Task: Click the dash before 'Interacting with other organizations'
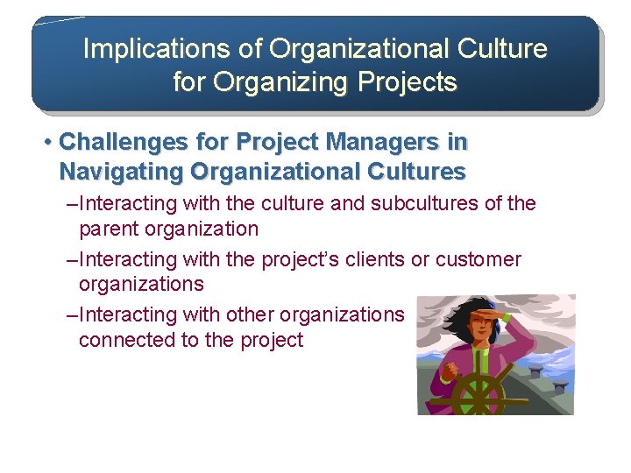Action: pos(72,314)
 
